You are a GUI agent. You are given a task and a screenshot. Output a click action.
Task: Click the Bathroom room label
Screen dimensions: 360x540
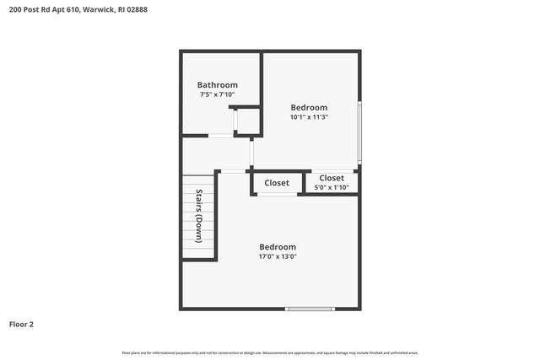tap(217, 85)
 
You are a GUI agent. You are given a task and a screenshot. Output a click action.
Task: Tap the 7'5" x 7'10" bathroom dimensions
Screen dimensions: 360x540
tap(217, 95)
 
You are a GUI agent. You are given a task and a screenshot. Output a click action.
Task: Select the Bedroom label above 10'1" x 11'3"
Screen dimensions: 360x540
tap(309, 107)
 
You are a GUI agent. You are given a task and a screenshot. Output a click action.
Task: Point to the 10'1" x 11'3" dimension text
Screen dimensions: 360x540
tap(309, 118)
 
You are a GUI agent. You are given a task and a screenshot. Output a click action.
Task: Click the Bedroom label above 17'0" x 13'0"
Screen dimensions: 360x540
tap(278, 246)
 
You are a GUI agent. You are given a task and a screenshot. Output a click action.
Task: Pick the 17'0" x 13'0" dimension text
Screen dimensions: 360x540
tap(278, 256)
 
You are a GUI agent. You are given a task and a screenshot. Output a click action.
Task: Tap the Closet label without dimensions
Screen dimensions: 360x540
tap(277, 183)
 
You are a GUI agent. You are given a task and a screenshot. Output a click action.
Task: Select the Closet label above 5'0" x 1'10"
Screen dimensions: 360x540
tap(331, 178)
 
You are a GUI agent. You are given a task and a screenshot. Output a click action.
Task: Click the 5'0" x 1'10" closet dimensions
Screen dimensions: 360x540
tap(331, 187)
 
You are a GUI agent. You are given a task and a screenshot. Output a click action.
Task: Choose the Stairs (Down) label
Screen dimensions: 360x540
tap(199, 217)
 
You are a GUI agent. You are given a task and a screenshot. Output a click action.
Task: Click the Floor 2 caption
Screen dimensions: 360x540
tap(21, 324)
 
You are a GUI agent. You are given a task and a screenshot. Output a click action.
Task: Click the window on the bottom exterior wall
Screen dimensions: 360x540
tap(310, 309)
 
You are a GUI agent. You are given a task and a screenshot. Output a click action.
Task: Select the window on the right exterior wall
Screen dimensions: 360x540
tap(359, 132)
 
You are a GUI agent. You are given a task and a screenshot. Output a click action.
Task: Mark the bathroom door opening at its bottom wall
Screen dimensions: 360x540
tap(221, 135)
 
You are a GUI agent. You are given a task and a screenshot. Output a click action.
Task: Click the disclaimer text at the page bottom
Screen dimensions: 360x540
tap(270, 352)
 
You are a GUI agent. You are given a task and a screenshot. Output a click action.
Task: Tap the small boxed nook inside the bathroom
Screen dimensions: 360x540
tap(246, 121)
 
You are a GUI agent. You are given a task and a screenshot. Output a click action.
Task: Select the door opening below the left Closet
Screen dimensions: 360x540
tap(277, 196)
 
